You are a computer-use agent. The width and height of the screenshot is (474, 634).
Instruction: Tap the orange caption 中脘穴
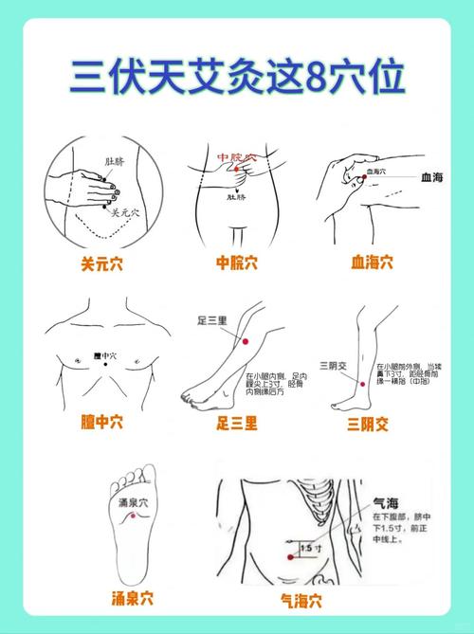pos(237,263)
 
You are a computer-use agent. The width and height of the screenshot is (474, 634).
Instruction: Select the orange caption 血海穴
pos(372,262)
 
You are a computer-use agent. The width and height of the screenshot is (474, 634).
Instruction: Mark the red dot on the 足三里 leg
pos(246,341)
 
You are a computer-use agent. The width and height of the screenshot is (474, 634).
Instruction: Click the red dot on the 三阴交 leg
pos(360,383)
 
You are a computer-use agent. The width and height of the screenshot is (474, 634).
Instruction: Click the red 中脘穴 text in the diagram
pos(236,156)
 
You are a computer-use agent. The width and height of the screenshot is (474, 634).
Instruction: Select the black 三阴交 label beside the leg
pos(334,364)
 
